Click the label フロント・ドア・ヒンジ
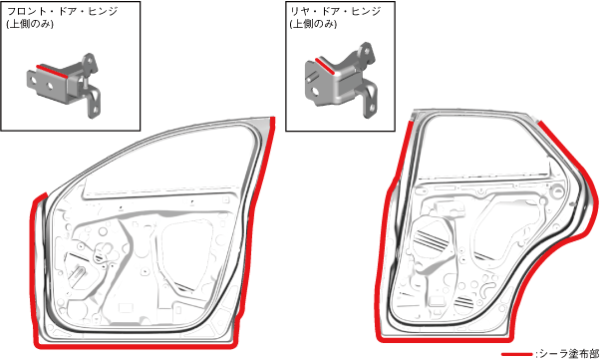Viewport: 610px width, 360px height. tap(62, 11)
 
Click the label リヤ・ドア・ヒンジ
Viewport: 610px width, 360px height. tap(335, 11)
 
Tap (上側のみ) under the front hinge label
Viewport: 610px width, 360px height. tap(30, 24)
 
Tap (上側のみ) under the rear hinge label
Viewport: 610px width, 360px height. tap(313, 24)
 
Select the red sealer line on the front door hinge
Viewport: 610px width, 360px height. tap(52, 72)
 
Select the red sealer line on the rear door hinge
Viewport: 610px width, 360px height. tap(325, 66)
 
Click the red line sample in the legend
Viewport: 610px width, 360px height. tap(516, 354)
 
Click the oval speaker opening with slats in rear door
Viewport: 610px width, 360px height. tap(431, 240)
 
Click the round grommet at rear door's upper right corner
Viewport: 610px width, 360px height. tap(557, 191)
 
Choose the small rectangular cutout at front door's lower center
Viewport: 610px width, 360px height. tap(126, 308)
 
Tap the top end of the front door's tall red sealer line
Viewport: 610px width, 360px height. tap(273, 118)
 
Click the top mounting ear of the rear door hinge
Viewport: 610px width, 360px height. tap(366, 50)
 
